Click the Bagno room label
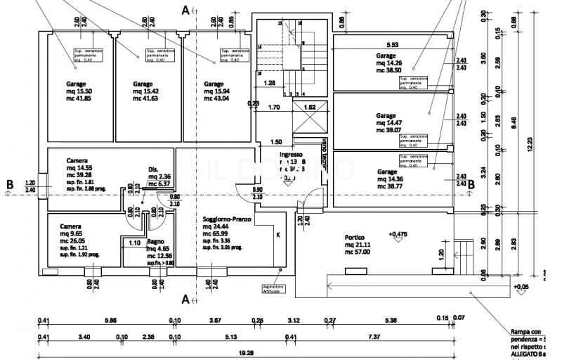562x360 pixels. click(x=157, y=241)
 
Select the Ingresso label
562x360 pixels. click(x=291, y=155)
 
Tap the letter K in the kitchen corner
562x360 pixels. click(x=277, y=235)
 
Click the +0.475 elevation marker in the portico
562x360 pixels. click(x=398, y=233)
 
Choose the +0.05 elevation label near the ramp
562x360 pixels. click(x=521, y=287)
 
